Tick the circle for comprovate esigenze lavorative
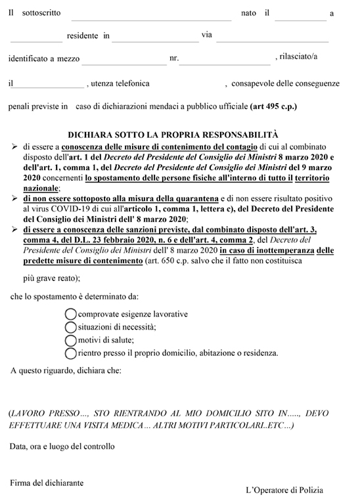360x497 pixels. [70, 314]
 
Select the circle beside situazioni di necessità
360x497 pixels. [70, 327]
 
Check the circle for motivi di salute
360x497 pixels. [70, 339]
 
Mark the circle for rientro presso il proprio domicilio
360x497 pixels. [70, 353]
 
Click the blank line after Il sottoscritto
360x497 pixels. [150, 18]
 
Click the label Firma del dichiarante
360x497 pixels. [47, 483]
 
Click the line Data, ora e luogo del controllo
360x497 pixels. [62, 446]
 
